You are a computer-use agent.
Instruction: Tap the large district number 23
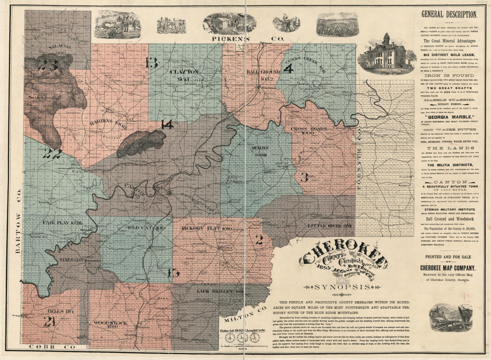pos(48,65)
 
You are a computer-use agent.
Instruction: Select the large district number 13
pos(152,63)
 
